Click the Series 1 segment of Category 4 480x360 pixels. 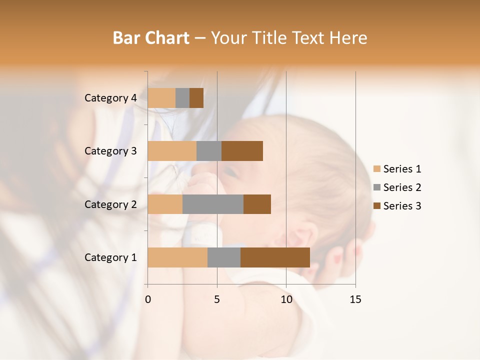161,98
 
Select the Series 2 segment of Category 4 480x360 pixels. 182,98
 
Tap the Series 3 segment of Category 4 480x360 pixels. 196,98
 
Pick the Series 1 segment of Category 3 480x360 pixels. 172,151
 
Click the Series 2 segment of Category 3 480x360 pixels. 209,151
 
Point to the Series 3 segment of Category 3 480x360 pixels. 242,151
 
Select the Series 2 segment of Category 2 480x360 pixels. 213,204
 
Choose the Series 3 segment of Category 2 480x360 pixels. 257,204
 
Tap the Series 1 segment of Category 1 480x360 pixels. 177,257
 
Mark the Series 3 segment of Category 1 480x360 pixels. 275,257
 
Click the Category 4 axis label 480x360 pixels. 110,98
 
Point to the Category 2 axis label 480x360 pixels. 110,204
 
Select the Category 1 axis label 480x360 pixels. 110,257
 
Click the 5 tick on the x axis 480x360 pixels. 217,299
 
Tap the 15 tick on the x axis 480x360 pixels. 355,299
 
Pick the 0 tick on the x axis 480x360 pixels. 148,299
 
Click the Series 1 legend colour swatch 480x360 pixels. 377,169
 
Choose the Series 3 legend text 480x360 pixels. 402,206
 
